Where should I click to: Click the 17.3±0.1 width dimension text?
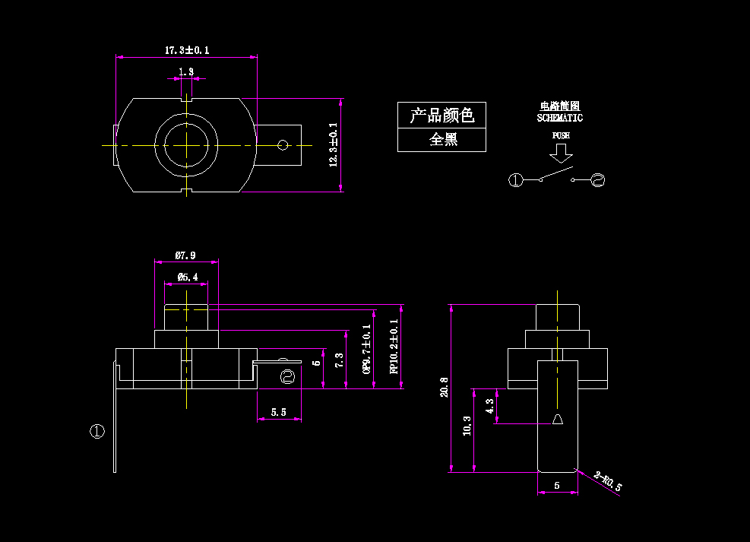[x=187, y=50]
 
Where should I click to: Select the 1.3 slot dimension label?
[x=186, y=71]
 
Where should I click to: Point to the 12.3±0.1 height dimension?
[x=333, y=146]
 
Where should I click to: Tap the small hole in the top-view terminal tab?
[x=283, y=144]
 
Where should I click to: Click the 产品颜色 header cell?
[x=441, y=116]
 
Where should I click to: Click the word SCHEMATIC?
[x=560, y=118]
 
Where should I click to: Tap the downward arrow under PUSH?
[x=561, y=153]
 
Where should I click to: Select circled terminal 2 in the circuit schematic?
[x=597, y=180]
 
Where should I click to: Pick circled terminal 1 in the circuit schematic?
[x=516, y=180]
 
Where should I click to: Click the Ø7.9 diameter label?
[x=186, y=255]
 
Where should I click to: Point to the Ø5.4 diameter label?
[x=187, y=277]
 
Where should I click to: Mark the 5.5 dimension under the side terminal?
[x=279, y=412]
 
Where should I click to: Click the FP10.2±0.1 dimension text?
[x=394, y=347]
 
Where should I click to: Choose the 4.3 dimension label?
[x=489, y=406]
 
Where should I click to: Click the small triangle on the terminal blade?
[x=558, y=420]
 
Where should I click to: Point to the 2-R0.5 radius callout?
[x=608, y=481]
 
